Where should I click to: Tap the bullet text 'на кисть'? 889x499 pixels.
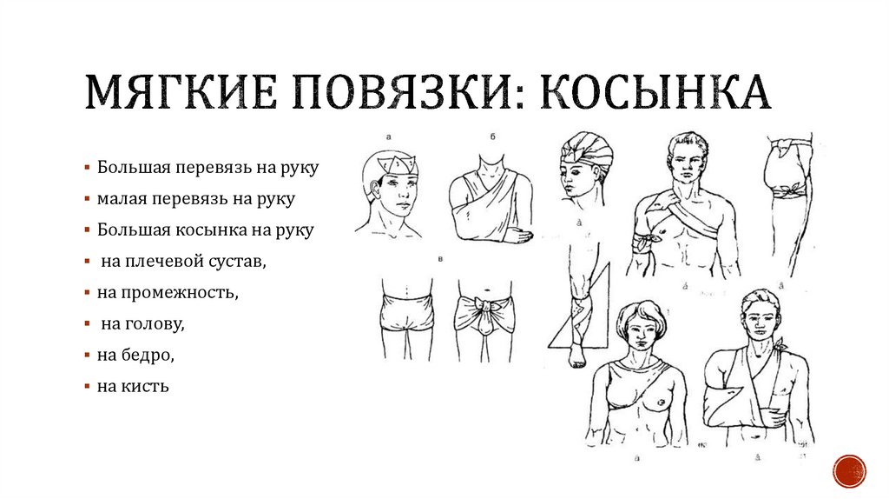click(133, 386)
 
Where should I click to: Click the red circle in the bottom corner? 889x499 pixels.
click(848, 471)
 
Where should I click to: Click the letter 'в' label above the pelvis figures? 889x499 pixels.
click(443, 259)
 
